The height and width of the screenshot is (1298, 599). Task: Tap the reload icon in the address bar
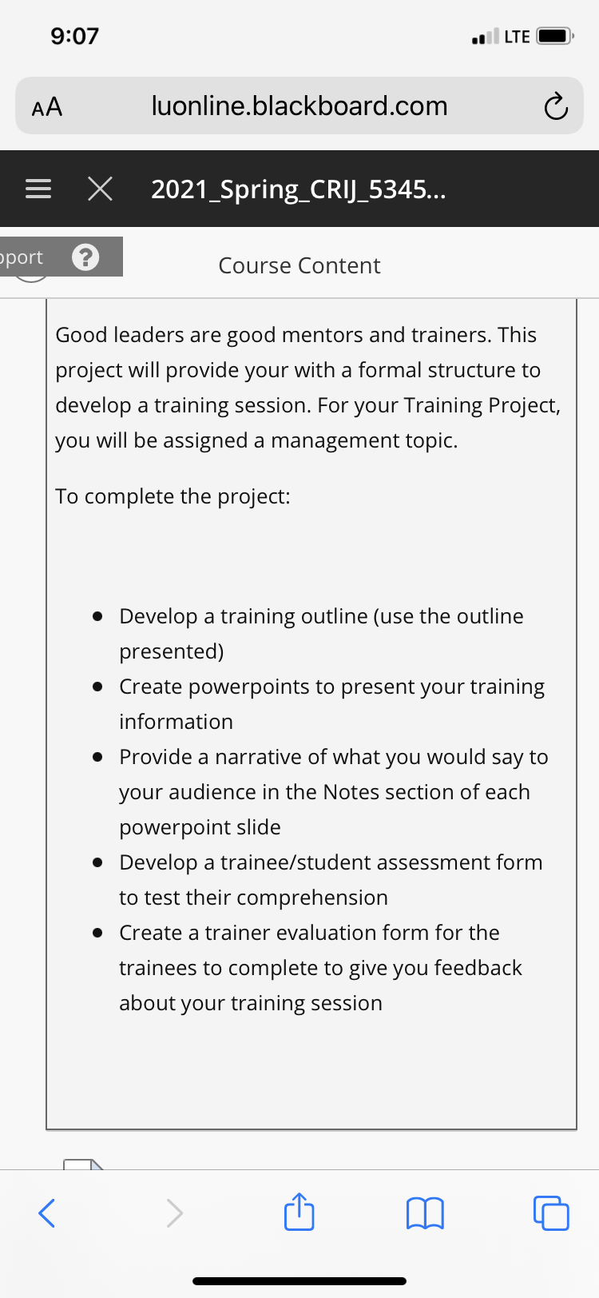[556, 106]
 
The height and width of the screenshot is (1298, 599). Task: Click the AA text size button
[47, 106]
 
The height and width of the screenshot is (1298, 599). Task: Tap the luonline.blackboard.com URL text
[299, 106]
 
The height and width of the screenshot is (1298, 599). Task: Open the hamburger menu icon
[38, 189]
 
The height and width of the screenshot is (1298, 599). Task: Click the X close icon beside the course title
[100, 189]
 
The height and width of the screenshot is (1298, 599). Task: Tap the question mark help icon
[85, 257]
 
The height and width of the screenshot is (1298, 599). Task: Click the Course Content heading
[299, 265]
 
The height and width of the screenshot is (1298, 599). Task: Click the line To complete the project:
[173, 496]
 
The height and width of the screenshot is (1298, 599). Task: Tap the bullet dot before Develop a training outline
[97, 616]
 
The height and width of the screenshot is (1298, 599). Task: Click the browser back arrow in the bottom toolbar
[47, 1212]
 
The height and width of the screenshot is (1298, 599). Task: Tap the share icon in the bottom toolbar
[299, 1211]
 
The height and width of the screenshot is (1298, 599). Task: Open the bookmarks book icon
[425, 1212]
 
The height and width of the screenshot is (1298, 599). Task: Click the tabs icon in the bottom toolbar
[551, 1212]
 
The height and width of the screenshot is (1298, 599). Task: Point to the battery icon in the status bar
[554, 36]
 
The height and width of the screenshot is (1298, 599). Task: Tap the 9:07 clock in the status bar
[74, 36]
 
